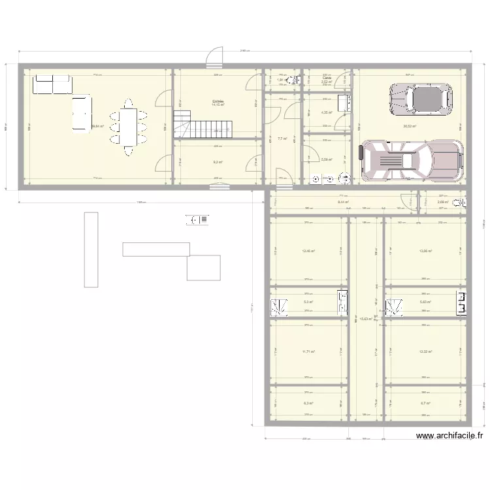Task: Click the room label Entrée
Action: pos(218,101)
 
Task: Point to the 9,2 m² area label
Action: pos(218,162)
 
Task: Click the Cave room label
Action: pos(327,78)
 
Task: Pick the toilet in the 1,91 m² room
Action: pos(292,81)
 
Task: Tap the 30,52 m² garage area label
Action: pos(410,126)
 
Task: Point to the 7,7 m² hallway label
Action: pos(282,139)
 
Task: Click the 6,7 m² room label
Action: pos(425,404)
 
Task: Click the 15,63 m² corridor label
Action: pos(366,319)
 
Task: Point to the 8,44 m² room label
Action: pos(343,203)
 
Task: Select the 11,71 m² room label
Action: pos(308,351)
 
